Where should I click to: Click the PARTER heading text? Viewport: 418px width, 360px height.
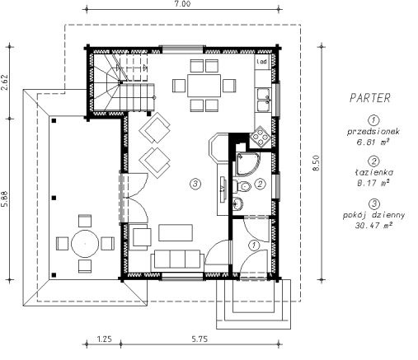(369, 98)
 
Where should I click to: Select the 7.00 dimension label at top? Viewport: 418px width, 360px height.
(182, 4)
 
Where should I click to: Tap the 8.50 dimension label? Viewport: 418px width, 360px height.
(317, 163)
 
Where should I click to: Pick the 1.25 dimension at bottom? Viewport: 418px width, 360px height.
(105, 339)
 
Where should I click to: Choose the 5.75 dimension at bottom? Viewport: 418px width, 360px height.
(200, 339)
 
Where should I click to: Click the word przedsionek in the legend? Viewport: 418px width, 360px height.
(373, 132)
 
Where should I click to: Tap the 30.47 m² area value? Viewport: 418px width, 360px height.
(373, 226)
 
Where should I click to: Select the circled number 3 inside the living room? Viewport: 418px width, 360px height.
(195, 184)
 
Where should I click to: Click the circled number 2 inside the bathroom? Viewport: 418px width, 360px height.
(260, 184)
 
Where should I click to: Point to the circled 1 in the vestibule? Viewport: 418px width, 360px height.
(254, 245)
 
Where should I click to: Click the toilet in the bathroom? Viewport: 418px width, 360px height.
(242, 187)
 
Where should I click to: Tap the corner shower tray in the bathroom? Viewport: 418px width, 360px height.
(247, 164)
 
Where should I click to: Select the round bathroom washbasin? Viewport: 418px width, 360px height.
(237, 203)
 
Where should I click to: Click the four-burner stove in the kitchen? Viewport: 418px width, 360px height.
(260, 136)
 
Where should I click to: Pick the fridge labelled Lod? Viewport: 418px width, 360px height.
(262, 62)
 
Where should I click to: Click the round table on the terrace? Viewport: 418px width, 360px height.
(85, 244)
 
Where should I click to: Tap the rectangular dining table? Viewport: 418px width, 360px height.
(204, 86)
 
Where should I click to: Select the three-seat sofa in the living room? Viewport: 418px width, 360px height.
(177, 259)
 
